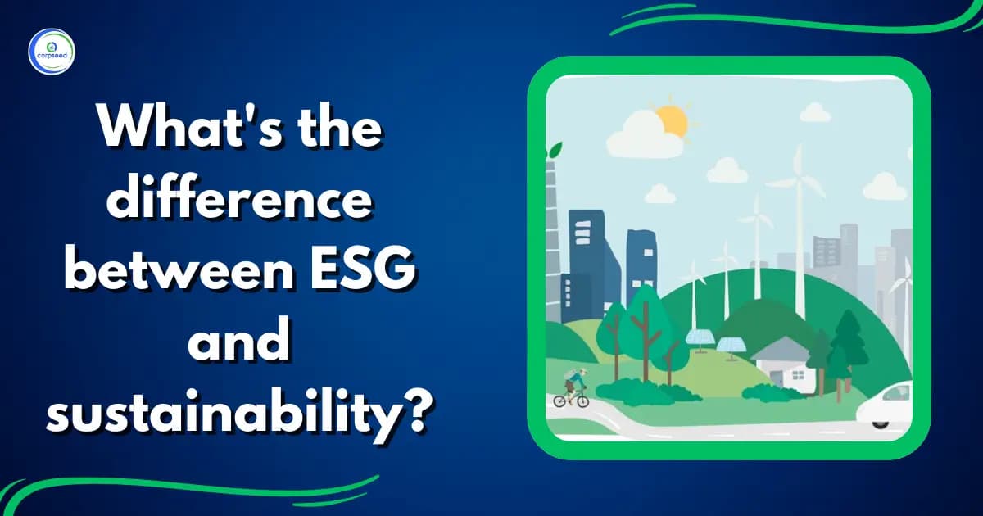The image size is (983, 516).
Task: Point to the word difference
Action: tap(237, 202)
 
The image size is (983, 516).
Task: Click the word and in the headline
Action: tap(237, 339)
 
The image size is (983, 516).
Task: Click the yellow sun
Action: tap(672, 120)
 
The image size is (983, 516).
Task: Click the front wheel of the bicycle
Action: tap(582, 401)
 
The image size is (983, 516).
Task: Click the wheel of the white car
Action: tap(880, 421)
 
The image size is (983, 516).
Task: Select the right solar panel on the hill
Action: tap(733, 342)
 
